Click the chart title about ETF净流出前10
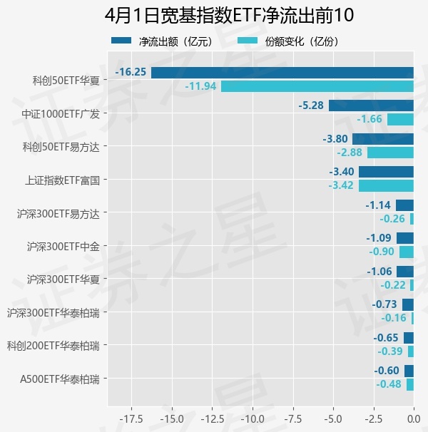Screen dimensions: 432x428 tap(214, 16)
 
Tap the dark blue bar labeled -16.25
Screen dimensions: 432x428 tap(282, 72)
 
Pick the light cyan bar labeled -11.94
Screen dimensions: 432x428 tap(317, 86)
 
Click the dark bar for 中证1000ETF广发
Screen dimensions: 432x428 tap(371, 106)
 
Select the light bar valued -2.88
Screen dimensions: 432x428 tap(390, 153)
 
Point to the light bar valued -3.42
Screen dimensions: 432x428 tap(386, 185)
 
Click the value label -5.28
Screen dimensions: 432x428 tap(311, 106)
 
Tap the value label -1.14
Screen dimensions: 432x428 tap(378, 205)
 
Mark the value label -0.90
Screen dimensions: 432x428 tap(382, 252)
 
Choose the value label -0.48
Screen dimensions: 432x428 tap(389, 384)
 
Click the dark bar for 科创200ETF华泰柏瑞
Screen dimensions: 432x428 tap(409, 338)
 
